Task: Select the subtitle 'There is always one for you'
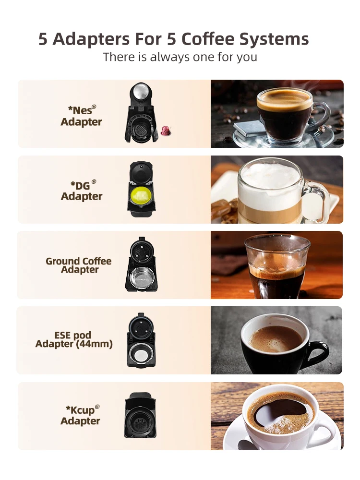tap(180, 57)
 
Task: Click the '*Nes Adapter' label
tap(82, 116)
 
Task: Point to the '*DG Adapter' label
tap(82, 191)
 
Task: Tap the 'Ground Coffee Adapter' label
tap(79, 265)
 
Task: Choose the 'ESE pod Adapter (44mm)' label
tap(74, 340)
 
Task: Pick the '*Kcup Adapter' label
tap(81, 415)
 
